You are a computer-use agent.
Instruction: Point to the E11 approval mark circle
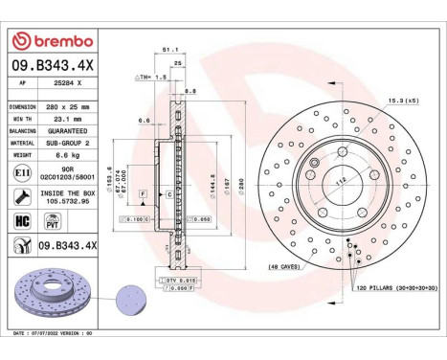point(24,171)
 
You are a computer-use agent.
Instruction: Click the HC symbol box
point(24,221)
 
